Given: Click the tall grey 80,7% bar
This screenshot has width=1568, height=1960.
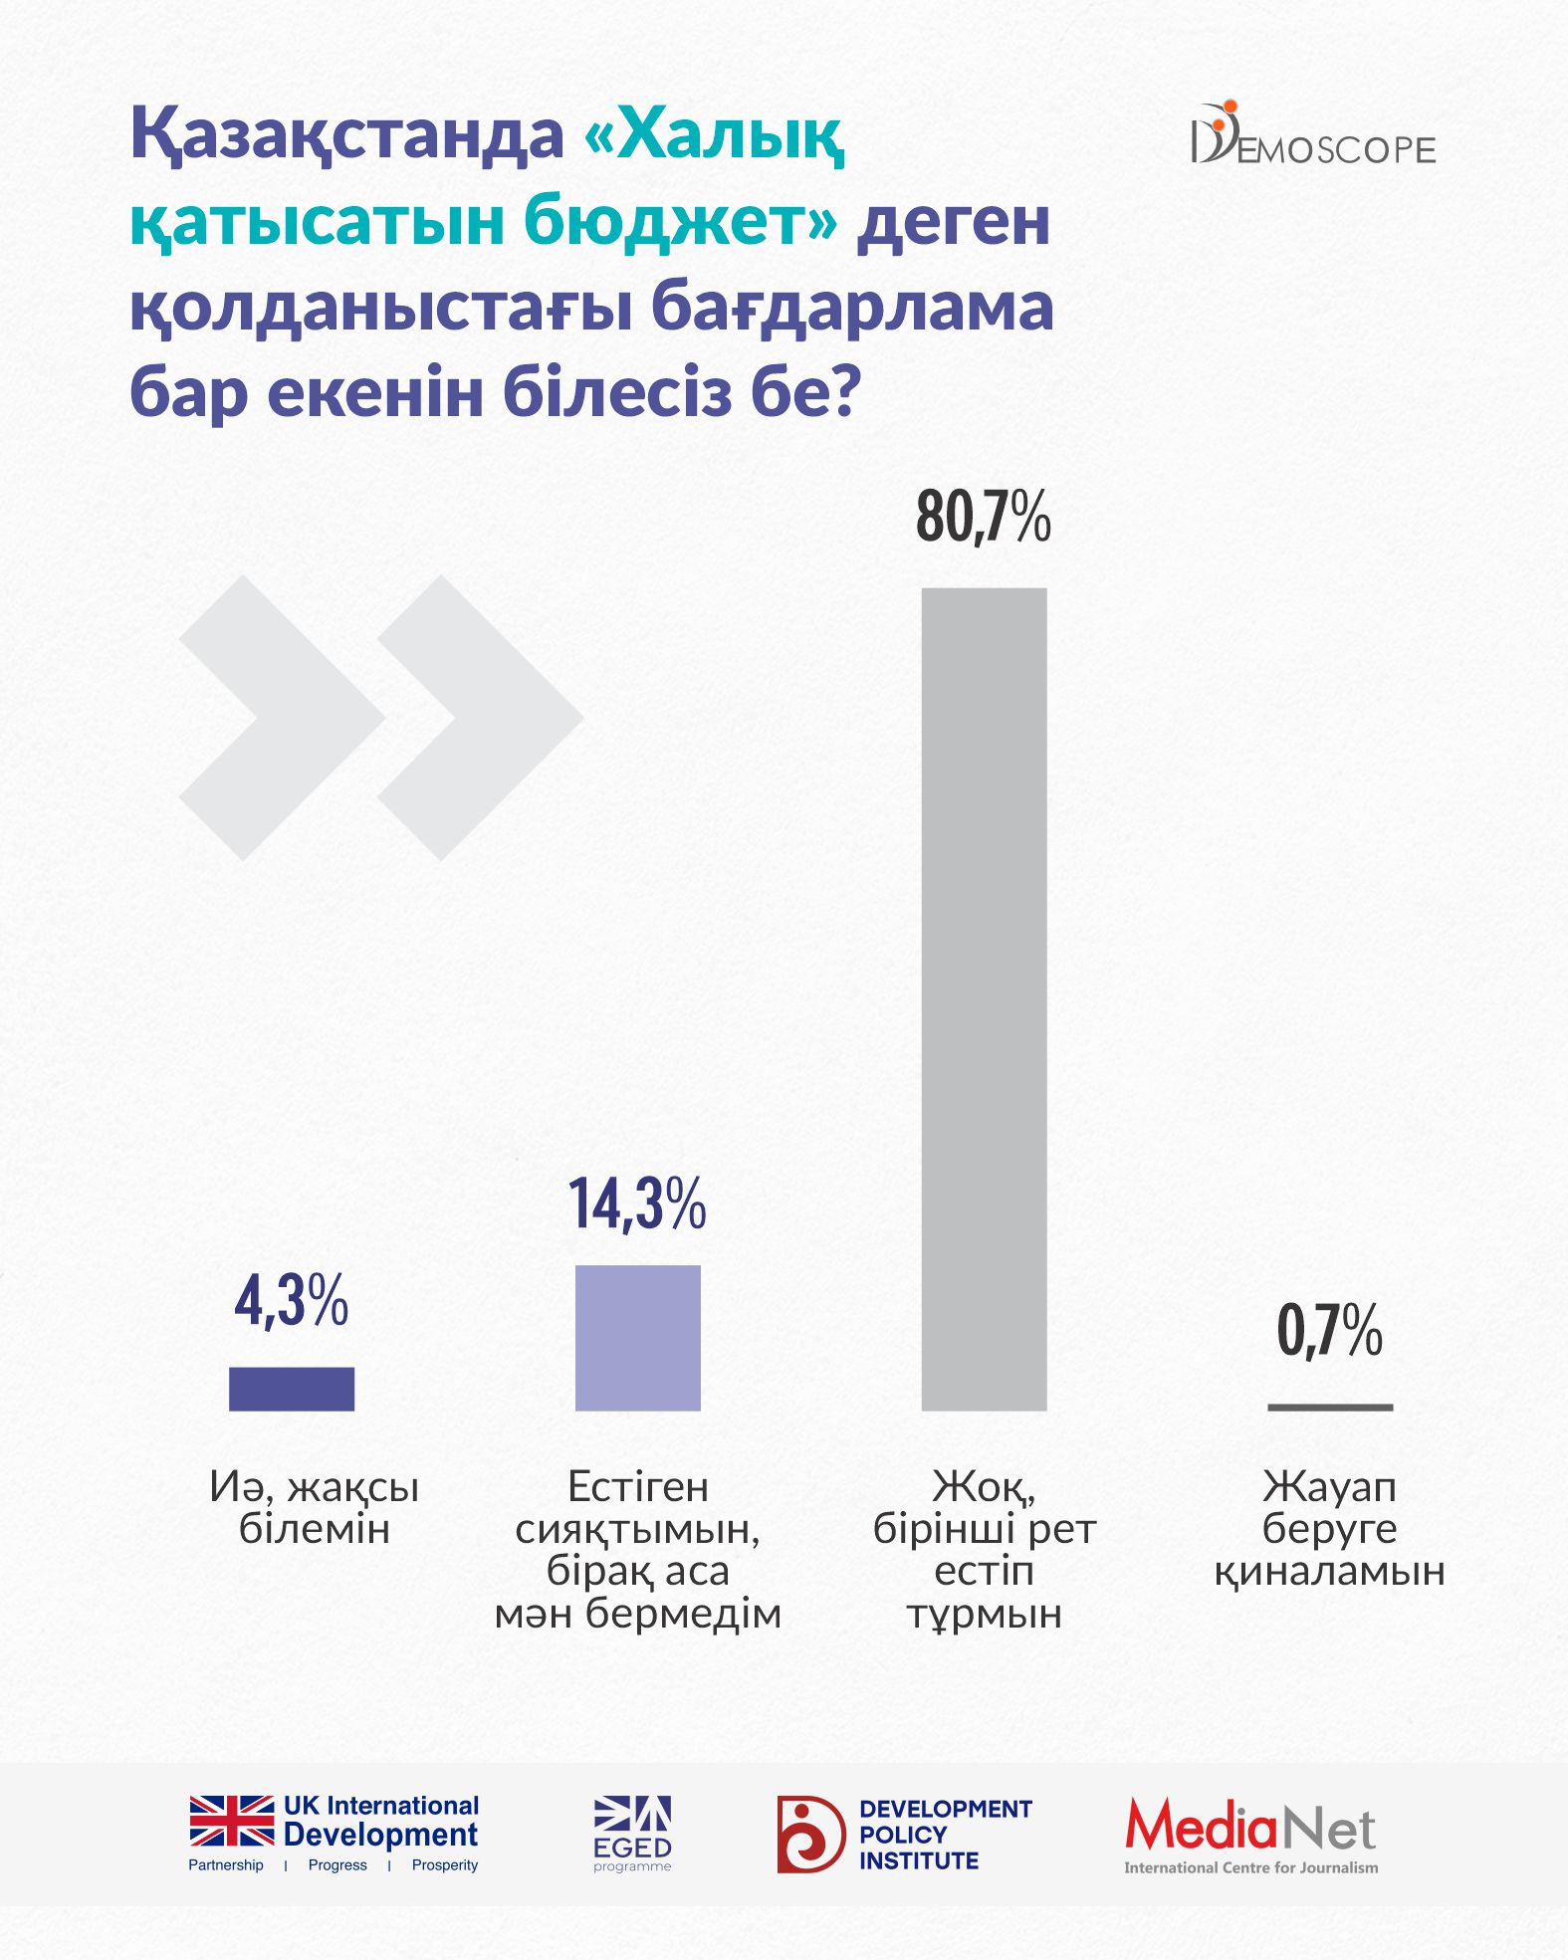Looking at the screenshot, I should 984,998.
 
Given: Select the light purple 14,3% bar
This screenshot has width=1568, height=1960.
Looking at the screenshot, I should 637,1337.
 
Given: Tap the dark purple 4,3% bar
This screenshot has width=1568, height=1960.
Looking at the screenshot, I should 291,1388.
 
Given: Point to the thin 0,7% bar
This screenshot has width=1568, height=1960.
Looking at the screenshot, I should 1329,1407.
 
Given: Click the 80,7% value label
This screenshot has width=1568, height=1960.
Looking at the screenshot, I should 984,518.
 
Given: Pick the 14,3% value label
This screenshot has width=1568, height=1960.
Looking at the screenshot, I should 637,1203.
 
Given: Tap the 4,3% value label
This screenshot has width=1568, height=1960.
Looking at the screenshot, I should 291,1300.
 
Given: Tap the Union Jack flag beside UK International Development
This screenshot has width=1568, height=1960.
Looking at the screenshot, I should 232,1820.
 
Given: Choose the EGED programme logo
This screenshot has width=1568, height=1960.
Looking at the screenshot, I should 632,1834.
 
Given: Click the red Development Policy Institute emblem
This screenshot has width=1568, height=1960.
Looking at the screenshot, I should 810,1834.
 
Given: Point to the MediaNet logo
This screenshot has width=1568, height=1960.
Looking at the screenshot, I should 1250,1836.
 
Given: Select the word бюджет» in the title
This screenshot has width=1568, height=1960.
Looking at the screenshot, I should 681,221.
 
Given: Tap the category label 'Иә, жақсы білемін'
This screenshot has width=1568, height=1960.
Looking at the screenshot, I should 314,1507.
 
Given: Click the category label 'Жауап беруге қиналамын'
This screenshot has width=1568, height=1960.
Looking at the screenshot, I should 1329,1528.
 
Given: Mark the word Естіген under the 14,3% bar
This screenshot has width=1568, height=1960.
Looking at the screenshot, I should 637,1486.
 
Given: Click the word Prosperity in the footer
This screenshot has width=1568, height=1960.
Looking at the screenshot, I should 444,1864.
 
